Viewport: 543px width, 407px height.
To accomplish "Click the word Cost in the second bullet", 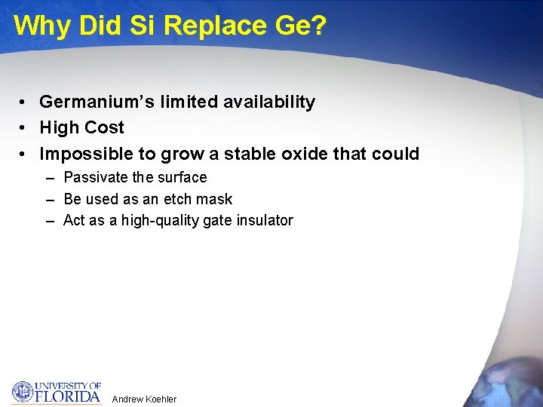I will click(106, 128).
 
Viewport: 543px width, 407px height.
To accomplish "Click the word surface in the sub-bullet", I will click(182, 178).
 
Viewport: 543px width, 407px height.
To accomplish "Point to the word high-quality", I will click(156, 221).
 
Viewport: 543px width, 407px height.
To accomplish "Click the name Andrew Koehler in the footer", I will click(144, 399).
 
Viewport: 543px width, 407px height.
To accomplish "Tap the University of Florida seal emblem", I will click(23, 392).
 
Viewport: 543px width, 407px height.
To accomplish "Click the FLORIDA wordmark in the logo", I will click(69, 396).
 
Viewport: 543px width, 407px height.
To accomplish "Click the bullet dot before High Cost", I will click(25, 128).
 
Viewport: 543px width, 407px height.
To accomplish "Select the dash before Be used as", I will click(50, 200).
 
